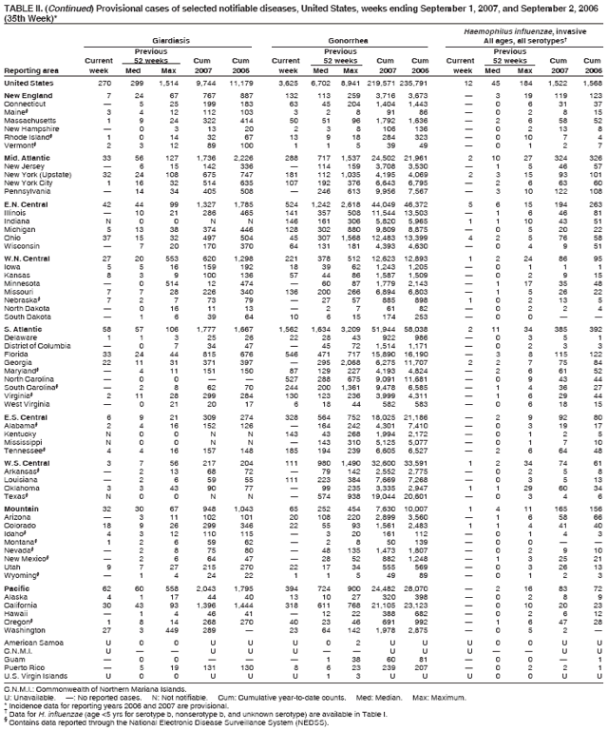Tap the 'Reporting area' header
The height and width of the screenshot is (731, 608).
(x=30, y=70)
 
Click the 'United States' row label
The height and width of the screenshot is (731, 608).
(x=29, y=84)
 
